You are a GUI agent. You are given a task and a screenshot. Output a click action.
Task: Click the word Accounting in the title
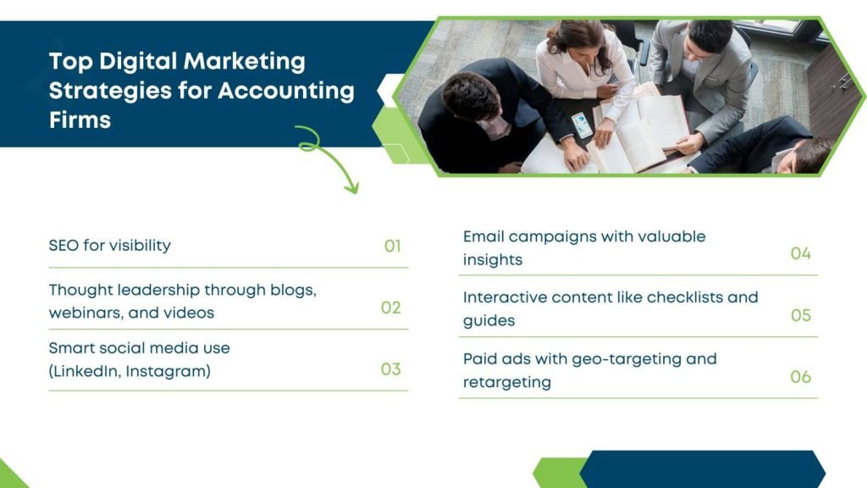pyautogui.click(x=286, y=91)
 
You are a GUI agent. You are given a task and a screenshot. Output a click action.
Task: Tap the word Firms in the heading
pyautogui.click(x=80, y=120)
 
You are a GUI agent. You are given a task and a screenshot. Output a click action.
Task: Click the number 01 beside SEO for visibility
pyautogui.click(x=393, y=247)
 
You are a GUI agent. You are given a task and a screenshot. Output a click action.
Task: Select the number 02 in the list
pyautogui.click(x=391, y=308)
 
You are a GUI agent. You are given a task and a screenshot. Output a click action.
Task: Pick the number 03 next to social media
pyautogui.click(x=391, y=369)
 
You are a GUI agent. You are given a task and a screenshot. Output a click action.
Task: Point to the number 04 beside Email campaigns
pyautogui.click(x=801, y=253)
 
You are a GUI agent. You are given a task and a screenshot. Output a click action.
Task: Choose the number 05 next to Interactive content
pyautogui.click(x=801, y=315)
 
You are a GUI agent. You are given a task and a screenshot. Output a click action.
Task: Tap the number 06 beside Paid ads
pyautogui.click(x=801, y=377)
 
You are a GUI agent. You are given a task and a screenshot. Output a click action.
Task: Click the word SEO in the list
pyautogui.click(x=64, y=245)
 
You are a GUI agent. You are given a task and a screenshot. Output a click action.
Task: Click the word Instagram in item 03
pyautogui.click(x=168, y=371)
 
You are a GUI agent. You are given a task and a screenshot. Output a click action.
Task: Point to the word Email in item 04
pyautogui.click(x=483, y=237)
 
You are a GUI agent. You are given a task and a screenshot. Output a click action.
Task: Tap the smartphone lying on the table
pyautogui.click(x=582, y=125)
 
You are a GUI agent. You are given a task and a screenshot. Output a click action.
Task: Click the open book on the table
pyautogui.click(x=642, y=133)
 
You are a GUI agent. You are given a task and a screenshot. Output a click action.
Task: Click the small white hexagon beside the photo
pyautogui.click(x=390, y=90)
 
